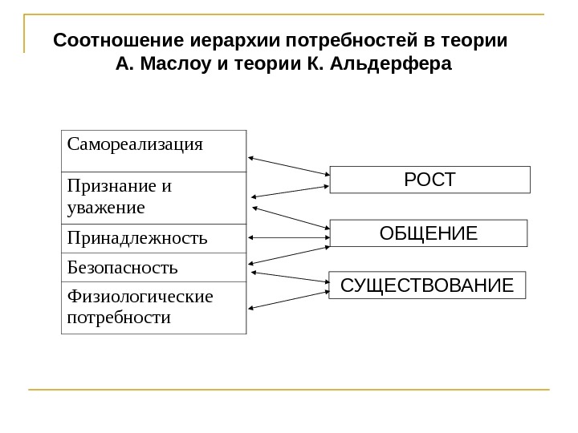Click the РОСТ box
tap(430, 180)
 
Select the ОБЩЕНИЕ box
tap(428, 233)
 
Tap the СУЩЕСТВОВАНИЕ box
tap(427, 285)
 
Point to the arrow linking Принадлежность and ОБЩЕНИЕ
tap(289, 237)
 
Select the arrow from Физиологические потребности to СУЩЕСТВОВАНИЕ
tap(289, 297)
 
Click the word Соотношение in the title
tap(120, 40)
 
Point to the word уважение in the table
tap(107, 208)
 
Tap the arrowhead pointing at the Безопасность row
tap(254, 263)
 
